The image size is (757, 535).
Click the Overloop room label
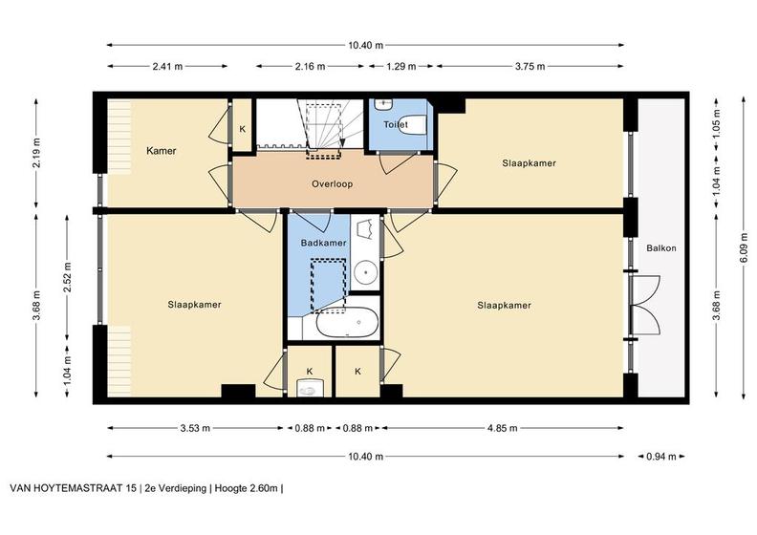(x=333, y=183)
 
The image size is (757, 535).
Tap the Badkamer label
(x=323, y=243)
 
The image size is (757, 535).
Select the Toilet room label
(x=396, y=124)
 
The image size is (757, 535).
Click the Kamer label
(x=162, y=151)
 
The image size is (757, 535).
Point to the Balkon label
(x=661, y=248)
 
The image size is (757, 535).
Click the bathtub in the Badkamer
(x=347, y=323)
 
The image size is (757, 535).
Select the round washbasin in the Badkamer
(x=366, y=272)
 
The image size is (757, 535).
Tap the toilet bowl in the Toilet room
(x=412, y=124)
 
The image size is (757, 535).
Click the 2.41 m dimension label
(x=167, y=67)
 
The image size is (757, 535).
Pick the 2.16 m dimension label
(x=310, y=67)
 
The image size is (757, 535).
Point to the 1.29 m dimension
(x=401, y=67)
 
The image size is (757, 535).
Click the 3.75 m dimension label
(x=530, y=67)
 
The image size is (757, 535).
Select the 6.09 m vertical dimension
(x=744, y=248)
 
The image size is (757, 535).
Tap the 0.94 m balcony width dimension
(x=661, y=457)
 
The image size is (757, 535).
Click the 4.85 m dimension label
(x=503, y=428)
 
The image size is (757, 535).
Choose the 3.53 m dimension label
(x=195, y=428)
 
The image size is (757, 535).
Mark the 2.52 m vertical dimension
(x=67, y=278)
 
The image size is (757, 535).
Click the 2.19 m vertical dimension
(x=36, y=154)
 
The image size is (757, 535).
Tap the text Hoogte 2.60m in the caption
(x=247, y=488)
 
